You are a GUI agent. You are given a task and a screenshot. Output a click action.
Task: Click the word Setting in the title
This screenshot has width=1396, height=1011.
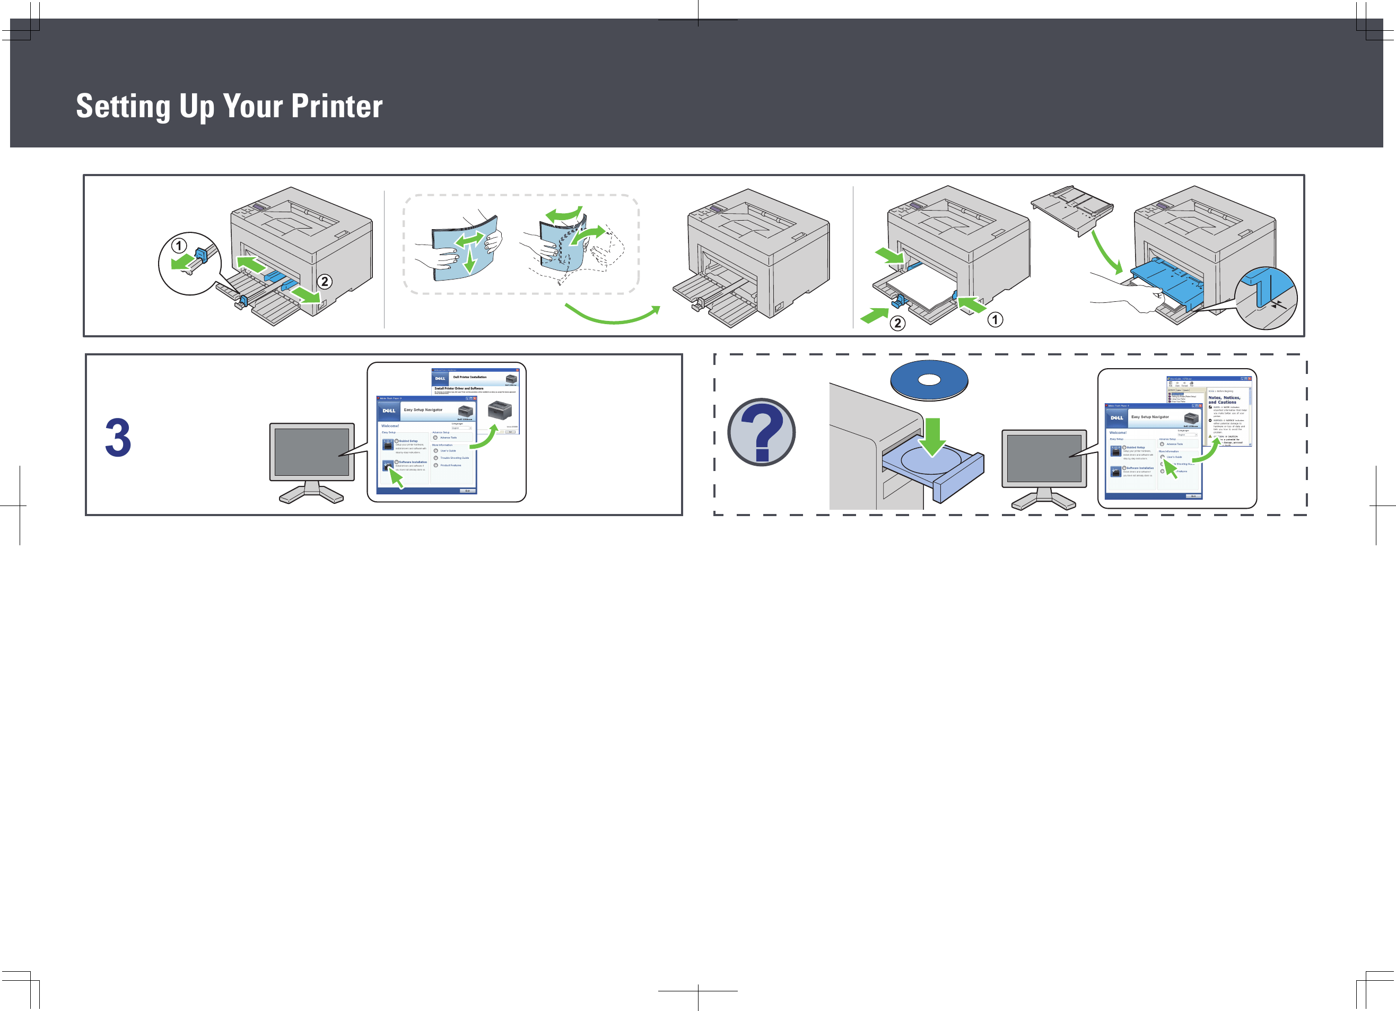(123, 107)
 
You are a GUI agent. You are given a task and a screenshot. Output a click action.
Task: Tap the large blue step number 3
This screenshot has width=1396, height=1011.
(118, 438)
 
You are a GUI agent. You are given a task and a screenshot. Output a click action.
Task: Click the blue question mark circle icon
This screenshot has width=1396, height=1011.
(762, 432)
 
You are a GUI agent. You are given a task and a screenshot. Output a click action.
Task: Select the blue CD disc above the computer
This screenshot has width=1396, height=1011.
(929, 380)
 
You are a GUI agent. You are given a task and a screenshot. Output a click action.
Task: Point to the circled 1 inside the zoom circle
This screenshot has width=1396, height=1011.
(179, 246)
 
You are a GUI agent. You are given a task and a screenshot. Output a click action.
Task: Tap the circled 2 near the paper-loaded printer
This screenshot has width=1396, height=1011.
(897, 323)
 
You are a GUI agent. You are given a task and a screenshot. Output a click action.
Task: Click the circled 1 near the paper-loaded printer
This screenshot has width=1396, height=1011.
(994, 319)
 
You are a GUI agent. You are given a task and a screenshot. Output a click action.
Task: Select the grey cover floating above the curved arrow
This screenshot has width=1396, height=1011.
(1071, 208)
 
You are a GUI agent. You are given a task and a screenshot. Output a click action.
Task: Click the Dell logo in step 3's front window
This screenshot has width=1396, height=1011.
(389, 411)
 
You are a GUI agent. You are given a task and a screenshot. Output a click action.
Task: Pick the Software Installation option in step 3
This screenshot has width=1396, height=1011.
(413, 462)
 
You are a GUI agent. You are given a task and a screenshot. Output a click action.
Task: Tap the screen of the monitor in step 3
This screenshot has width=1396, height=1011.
(311, 451)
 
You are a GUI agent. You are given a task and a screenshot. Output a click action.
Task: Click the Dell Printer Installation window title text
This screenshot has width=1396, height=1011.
(469, 377)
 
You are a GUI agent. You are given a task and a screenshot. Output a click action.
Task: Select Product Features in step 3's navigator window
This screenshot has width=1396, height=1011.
(450, 466)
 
